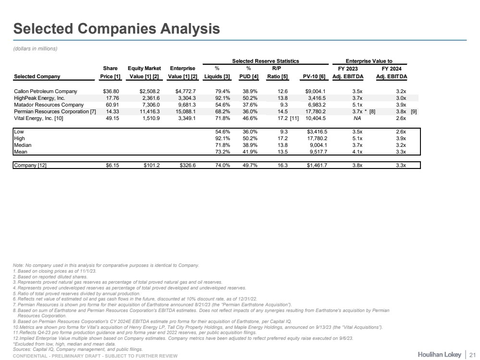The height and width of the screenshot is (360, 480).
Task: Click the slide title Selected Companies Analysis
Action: click(x=116, y=29)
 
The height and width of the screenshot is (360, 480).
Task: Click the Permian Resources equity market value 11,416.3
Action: click(x=149, y=111)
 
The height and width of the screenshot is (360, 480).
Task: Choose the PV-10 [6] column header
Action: click(x=314, y=76)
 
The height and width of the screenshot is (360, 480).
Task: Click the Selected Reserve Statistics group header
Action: click(x=266, y=61)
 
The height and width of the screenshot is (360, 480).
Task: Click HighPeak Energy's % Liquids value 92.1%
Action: click(x=215, y=98)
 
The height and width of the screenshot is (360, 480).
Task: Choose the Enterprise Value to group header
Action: click(x=369, y=61)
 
